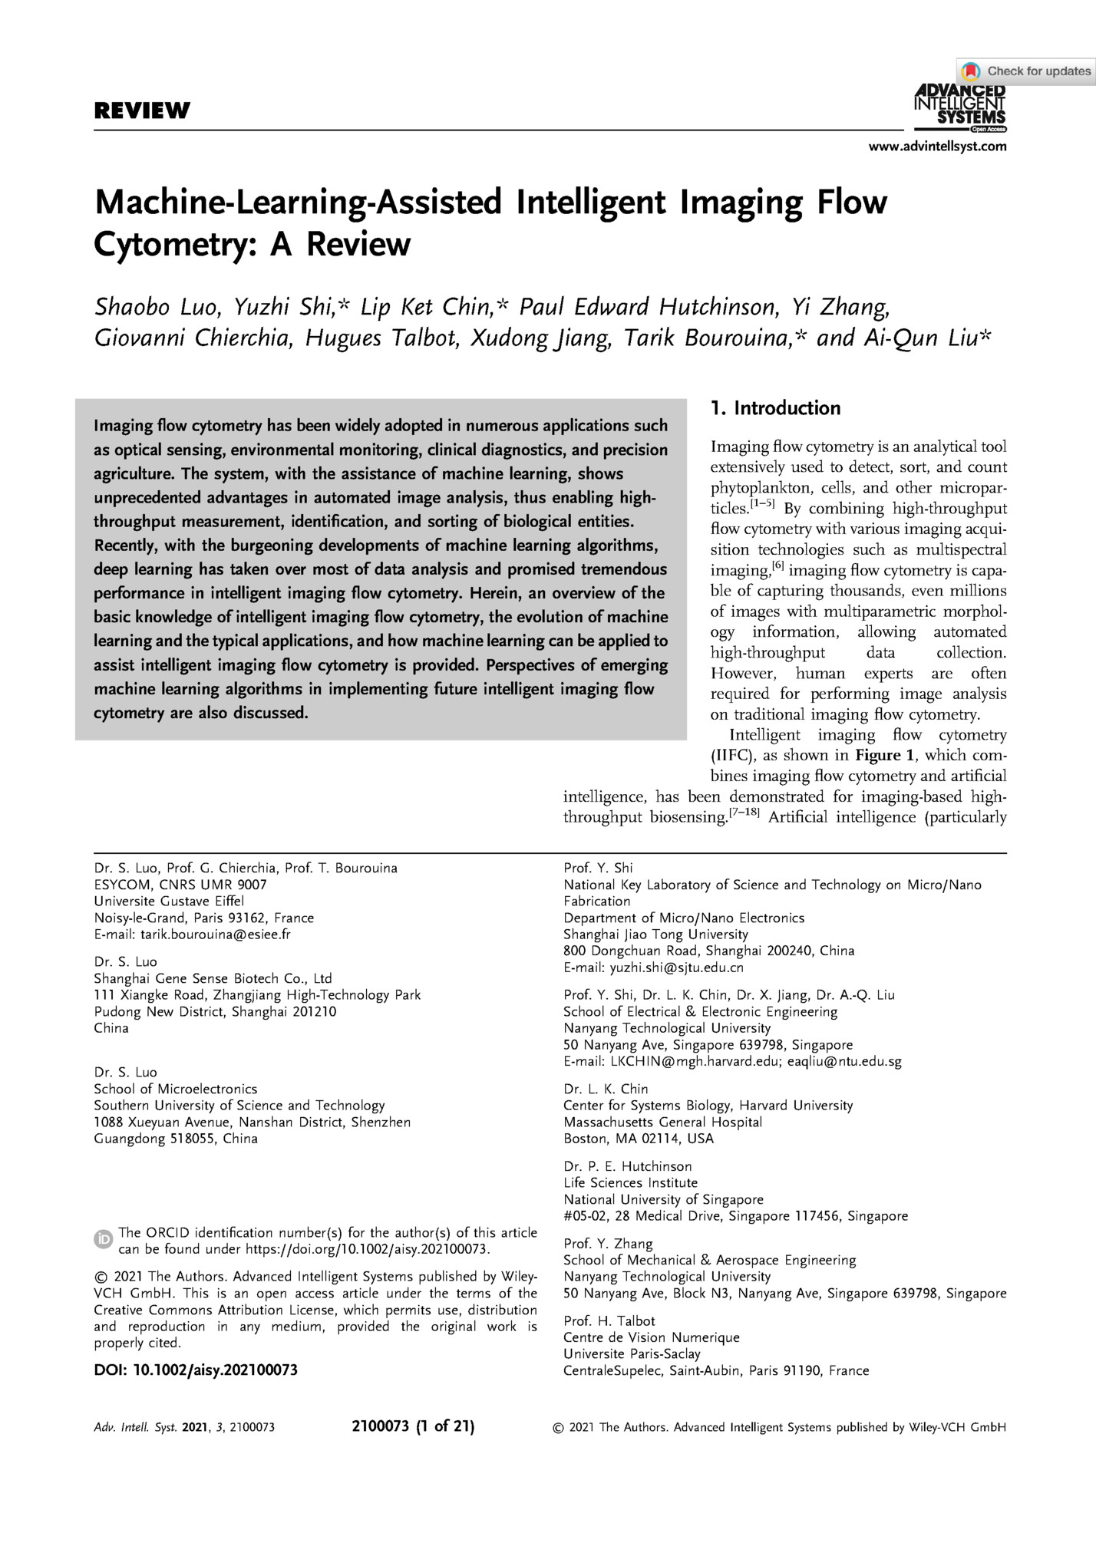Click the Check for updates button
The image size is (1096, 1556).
pos(1026,71)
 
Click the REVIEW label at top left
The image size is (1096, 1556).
pos(142,110)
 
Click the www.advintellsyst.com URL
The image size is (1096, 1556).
pos(937,147)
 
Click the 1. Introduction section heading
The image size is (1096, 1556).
pos(775,408)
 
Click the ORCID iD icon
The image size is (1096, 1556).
pos(103,1239)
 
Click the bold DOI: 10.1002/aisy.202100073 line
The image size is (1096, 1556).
pos(196,1370)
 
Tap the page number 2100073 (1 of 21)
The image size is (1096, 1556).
pos(413,1427)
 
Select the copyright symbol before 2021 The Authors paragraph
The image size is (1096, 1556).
pos(100,1277)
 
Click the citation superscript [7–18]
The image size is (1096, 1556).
pos(744,813)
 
